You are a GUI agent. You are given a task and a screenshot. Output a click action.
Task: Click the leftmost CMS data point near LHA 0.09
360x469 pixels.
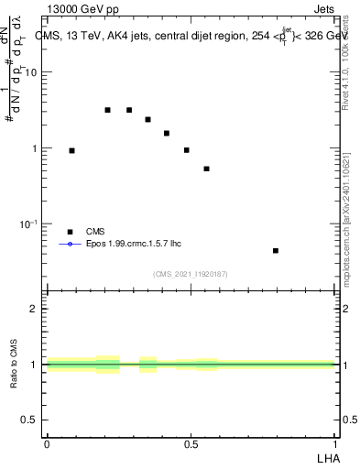[71, 150]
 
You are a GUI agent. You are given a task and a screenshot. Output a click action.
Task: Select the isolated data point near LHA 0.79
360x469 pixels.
[275, 250]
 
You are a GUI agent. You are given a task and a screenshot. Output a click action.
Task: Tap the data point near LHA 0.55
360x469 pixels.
[207, 169]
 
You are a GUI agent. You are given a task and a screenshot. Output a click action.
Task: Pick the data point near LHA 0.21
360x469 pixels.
[107, 110]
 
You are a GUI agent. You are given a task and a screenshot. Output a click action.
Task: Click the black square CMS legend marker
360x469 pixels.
[70, 232]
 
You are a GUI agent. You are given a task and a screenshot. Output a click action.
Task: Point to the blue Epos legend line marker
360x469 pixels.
[70, 245]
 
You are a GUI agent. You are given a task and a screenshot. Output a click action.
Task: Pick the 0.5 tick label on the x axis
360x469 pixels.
[191, 443]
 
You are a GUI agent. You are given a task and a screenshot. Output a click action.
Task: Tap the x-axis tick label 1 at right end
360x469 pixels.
[335, 443]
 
